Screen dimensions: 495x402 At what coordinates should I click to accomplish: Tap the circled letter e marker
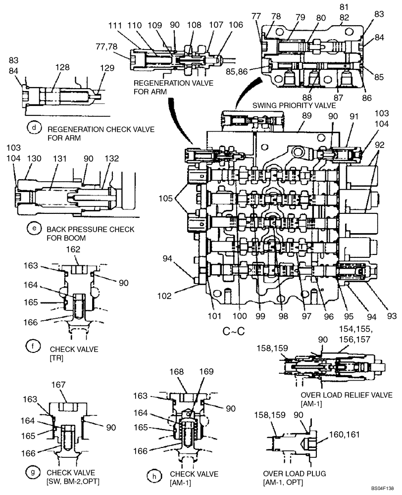click(34, 229)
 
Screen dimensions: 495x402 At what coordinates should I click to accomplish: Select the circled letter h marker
click(155, 476)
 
